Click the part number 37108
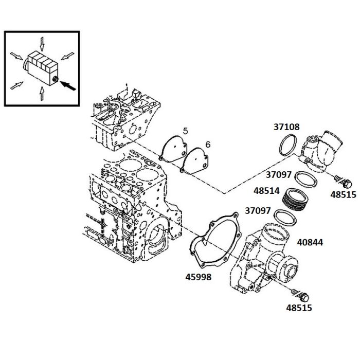286,127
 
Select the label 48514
266,191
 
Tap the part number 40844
310,242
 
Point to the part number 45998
199,277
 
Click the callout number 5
185,131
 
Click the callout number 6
208,145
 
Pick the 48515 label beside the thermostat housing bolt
343,195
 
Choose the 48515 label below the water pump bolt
299,308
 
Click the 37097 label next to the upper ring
279,175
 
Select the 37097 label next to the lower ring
258,210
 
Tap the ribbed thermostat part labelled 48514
295,200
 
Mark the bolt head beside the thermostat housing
347,184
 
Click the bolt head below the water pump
304,298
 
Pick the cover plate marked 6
195,160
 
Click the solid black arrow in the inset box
68,85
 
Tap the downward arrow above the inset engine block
42,44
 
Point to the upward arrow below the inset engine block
42,93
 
